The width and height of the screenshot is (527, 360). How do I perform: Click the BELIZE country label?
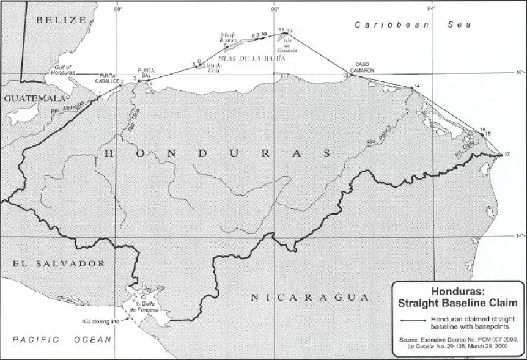[x=61, y=20]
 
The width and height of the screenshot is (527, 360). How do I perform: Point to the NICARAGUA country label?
[x=311, y=298]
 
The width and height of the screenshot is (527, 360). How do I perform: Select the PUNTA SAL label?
[x=147, y=73]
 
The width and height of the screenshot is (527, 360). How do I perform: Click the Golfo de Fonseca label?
[x=147, y=307]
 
